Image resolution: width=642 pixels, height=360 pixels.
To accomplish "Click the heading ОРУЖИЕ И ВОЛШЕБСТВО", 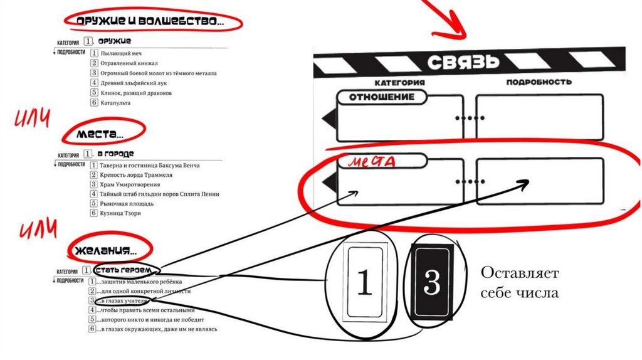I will click(x=149, y=22).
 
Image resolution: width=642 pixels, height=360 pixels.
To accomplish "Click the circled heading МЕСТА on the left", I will click(x=100, y=134).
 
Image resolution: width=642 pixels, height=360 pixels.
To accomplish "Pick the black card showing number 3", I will click(x=433, y=283).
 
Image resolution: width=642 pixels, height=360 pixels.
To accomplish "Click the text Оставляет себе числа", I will click(x=520, y=283).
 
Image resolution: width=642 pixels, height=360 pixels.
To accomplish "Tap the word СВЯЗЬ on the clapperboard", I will click(x=464, y=62).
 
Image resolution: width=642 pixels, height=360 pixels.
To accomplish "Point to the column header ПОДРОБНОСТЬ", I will click(x=539, y=82).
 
